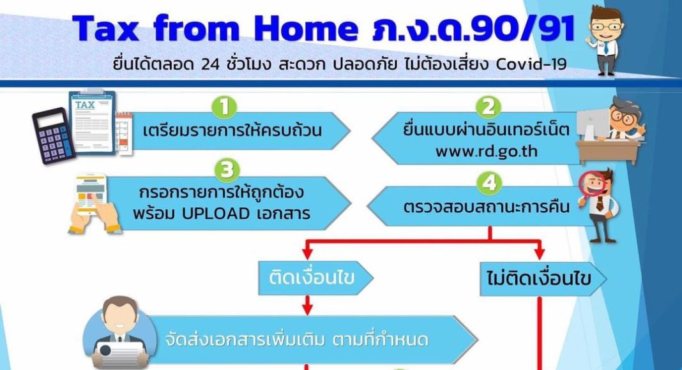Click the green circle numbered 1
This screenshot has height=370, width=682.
[x=224, y=107]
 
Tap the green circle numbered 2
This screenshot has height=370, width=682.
[x=489, y=107]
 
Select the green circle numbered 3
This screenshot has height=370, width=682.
[x=227, y=170]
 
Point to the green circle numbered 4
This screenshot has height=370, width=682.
[x=489, y=183]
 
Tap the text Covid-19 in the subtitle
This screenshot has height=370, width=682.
[x=531, y=64]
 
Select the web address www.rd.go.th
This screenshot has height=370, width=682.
[x=486, y=152]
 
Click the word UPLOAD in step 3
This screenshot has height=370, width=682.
[x=215, y=214]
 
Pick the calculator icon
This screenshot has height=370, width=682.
[x=54, y=135]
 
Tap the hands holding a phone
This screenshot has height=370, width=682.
[x=93, y=204]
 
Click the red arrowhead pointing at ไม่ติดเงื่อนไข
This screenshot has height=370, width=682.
[x=540, y=253]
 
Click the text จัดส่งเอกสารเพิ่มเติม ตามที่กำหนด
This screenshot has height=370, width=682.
[x=297, y=339]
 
